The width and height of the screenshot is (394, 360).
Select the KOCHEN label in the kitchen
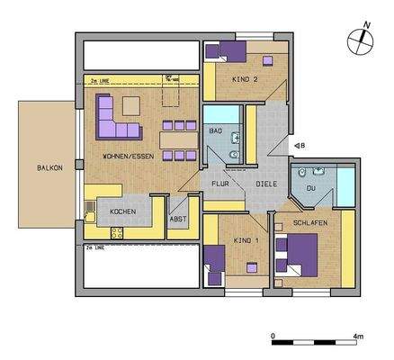click(x=123, y=211)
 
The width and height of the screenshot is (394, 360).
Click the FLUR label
click(x=220, y=184)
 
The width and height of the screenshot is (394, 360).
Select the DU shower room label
click(x=312, y=190)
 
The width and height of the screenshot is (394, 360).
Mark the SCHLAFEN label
click(x=309, y=222)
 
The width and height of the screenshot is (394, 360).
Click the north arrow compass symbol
click(x=359, y=39)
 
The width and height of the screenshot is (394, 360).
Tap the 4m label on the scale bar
click(x=358, y=336)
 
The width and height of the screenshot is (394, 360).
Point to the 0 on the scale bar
click(x=273, y=336)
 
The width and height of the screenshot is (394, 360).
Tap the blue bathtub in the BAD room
click(x=216, y=115)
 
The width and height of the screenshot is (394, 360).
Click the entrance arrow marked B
click(x=297, y=144)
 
